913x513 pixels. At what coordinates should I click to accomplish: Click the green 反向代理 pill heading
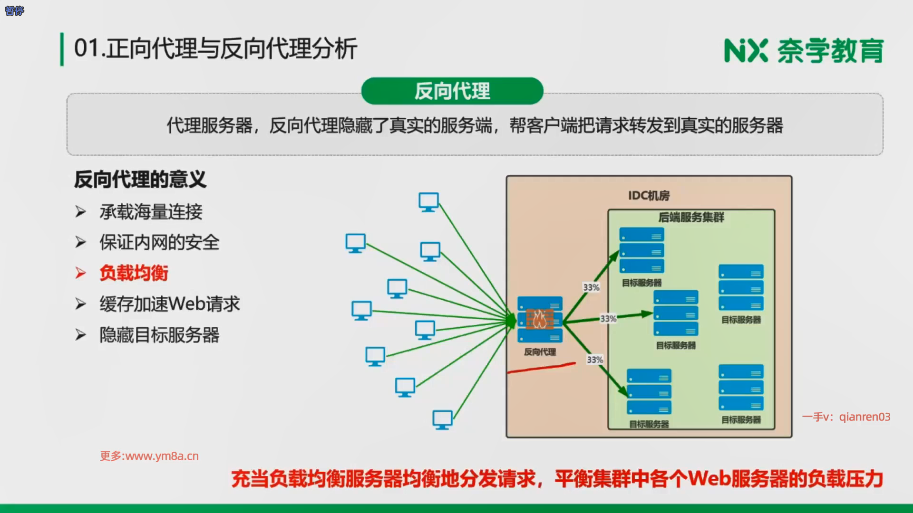[x=452, y=91]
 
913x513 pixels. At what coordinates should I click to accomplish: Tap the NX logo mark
[x=746, y=51]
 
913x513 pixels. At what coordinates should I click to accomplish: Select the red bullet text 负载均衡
[x=134, y=273]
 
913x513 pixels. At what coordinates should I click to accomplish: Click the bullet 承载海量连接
[x=151, y=212]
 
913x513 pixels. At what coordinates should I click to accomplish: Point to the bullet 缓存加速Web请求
[x=169, y=304]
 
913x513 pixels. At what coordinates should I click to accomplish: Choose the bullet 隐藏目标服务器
[x=159, y=335]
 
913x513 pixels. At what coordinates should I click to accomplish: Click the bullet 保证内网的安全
[x=159, y=243]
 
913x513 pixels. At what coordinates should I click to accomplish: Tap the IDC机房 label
[x=649, y=196]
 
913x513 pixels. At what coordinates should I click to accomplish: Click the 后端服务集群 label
[x=691, y=218]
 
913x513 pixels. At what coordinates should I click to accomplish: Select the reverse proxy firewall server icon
[x=540, y=319]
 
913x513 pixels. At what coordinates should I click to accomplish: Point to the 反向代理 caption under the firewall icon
[x=540, y=352]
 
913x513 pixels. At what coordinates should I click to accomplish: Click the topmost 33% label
[x=591, y=287]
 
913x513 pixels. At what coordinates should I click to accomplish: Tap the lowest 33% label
[x=594, y=360]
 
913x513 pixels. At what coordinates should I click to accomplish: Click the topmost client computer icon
[x=428, y=202]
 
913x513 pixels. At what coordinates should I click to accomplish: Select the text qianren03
[x=864, y=417]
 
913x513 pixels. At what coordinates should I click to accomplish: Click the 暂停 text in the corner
[x=14, y=10]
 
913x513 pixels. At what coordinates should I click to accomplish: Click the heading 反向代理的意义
[x=140, y=180]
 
